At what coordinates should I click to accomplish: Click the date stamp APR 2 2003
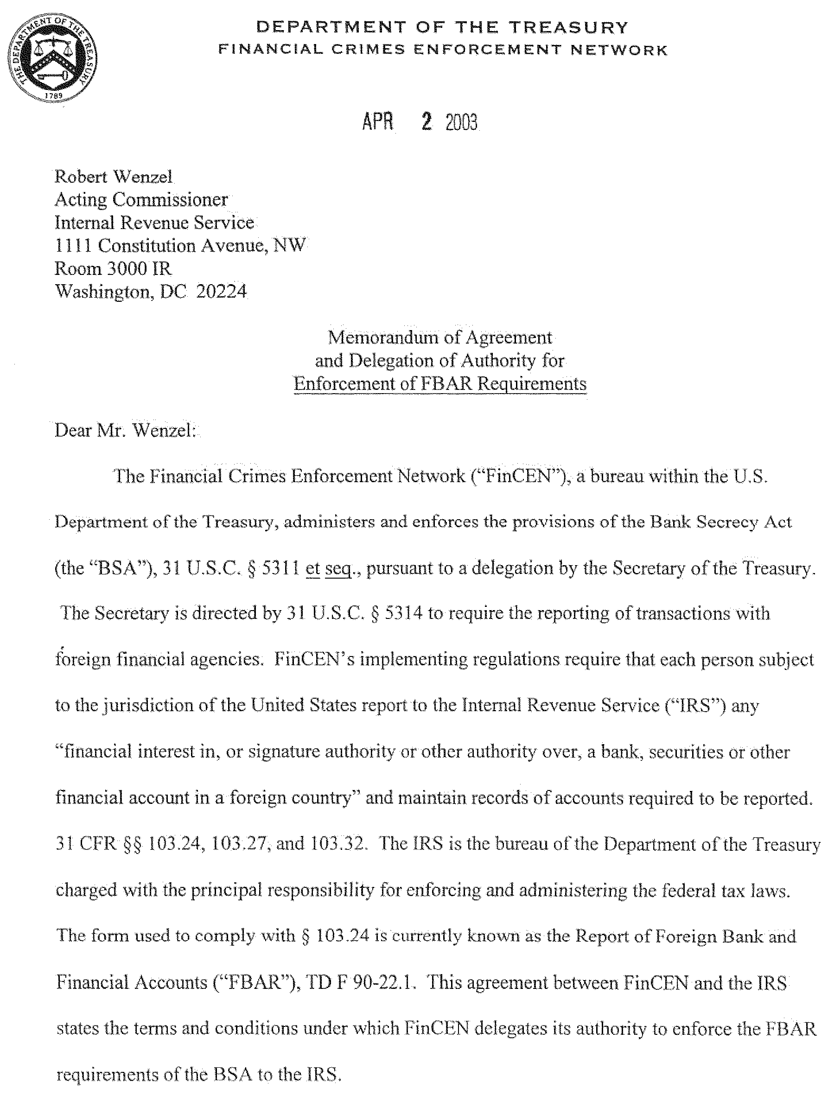(x=420, y=122)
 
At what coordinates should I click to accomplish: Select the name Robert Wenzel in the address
(x=114, y=177)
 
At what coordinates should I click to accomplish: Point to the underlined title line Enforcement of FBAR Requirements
(x=440, y=384)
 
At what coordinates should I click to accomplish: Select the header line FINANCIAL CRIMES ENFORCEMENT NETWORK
(x=443, y=50)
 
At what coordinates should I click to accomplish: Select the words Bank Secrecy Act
(x=721, y=522)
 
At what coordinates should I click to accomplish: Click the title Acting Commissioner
(x=141, y=199)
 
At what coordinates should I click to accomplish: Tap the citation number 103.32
(x=338, y=844)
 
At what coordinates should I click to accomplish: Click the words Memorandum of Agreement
(x=440, y=338)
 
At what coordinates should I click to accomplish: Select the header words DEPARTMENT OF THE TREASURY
(x=442, y=27)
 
